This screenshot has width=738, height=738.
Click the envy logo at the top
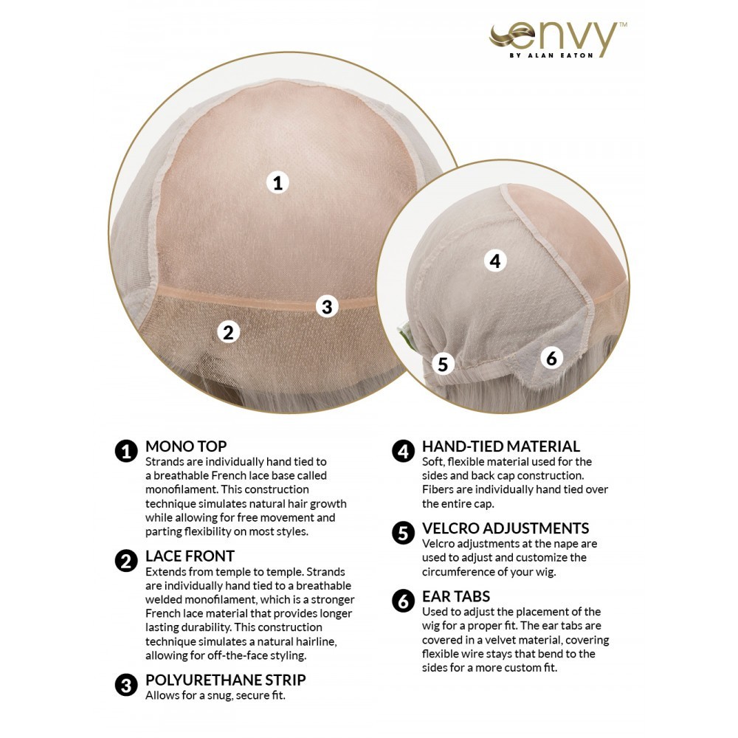(x=558, y=40)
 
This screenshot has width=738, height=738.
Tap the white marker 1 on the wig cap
(x=277, y=182)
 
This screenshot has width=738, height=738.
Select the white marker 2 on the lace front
(x=228, y=332)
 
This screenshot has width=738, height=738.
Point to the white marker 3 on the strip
(x=327, y=307)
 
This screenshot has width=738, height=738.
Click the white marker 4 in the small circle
(x=495, y=261)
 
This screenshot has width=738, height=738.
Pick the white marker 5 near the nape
(x=443, y=364)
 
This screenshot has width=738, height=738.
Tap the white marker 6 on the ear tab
(x=551, y=358)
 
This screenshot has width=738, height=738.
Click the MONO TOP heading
(x=186, y=446)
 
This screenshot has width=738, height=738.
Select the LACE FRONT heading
(x=190, y=556)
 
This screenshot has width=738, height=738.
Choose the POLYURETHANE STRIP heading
(x=225, y=680)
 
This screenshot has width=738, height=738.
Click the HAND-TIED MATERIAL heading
(x=501, y=446)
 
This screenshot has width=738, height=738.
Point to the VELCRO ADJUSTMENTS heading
(x=506, y=528)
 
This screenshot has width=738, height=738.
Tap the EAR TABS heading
(x=456, y=596)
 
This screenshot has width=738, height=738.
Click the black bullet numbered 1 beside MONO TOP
(x=126, y=452)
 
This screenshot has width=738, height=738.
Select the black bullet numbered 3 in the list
(x=126, y=686)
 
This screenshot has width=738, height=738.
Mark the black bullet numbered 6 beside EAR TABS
(x=404, y=602)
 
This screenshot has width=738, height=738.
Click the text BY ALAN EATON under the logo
(x=551, y=55)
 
